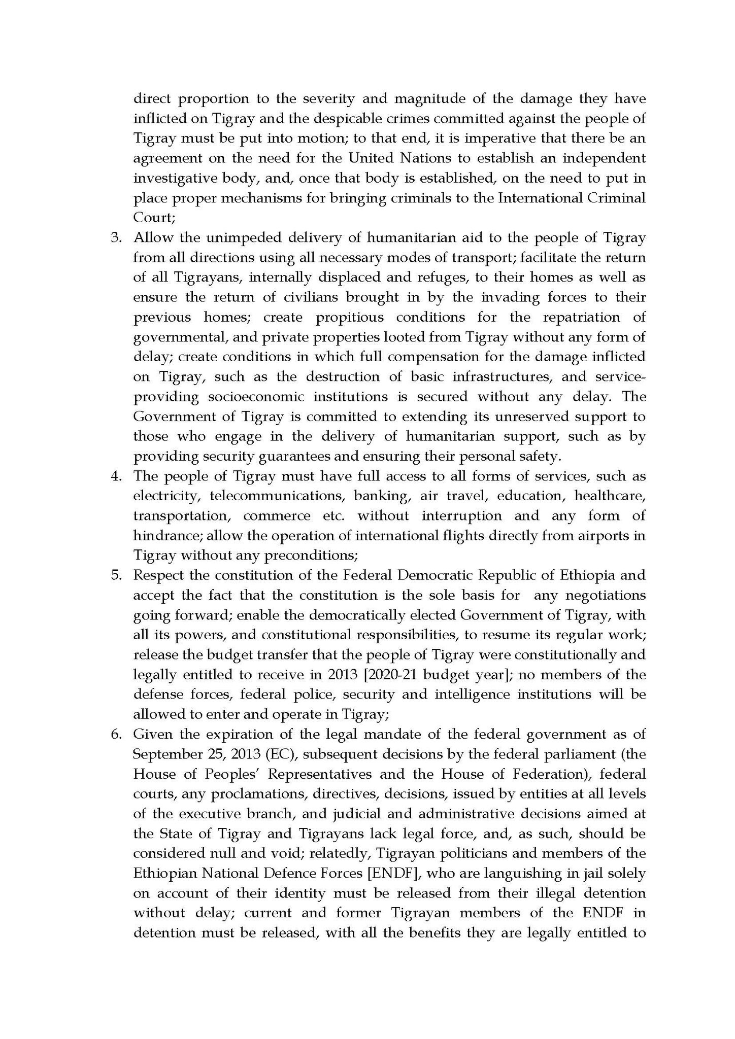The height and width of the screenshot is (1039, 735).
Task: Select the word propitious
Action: [349, 318]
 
